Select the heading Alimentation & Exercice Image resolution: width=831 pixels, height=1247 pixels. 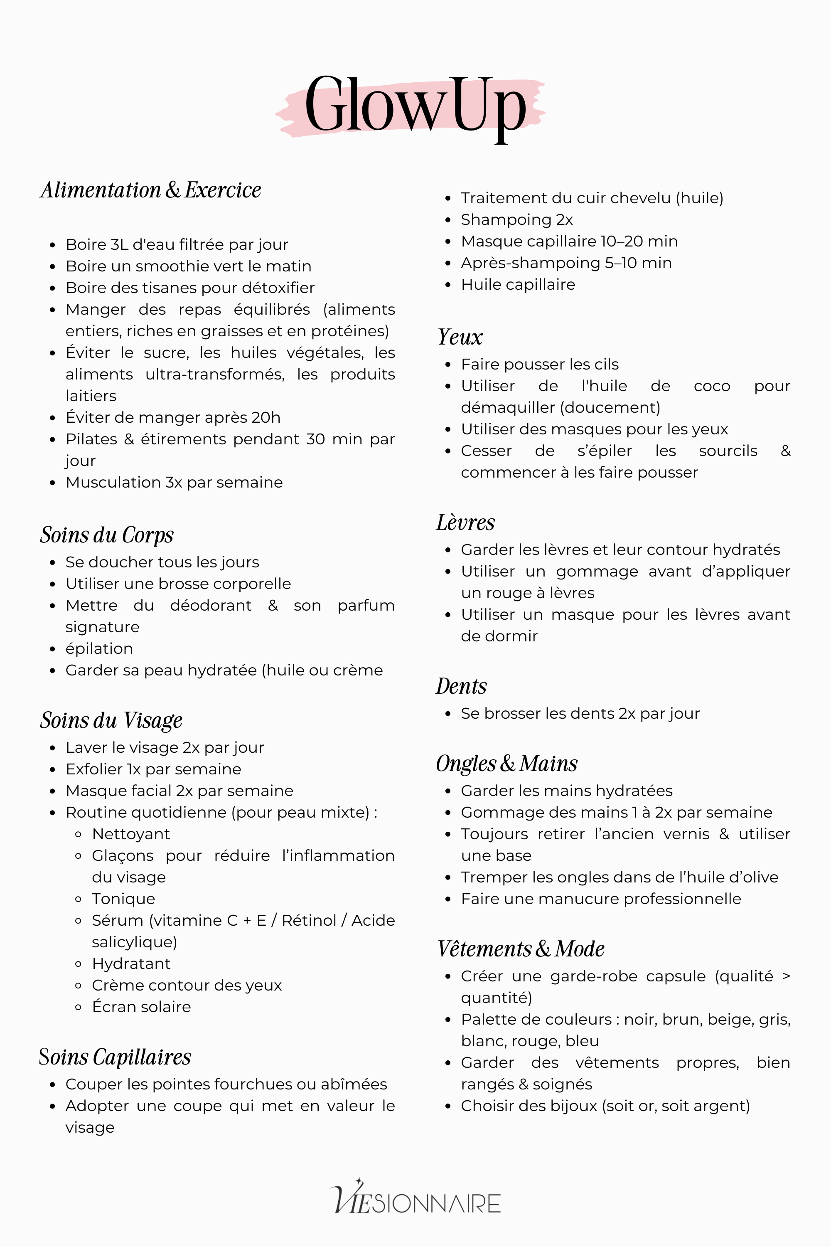(x=150, y=190)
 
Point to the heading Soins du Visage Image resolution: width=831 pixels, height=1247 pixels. (x=111, y=720)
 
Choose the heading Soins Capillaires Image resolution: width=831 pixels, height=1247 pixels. (x=115, y=1057)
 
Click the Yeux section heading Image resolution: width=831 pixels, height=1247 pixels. (x=460, y=337)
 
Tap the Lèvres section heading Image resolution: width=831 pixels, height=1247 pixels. (x=465, y=523)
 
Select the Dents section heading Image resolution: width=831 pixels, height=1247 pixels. (x=461, y=687)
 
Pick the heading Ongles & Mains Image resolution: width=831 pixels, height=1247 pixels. (x=506, y=764)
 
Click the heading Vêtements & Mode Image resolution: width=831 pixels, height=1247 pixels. (x=521, y=949)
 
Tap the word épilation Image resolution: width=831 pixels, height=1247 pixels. (x=99, y=649)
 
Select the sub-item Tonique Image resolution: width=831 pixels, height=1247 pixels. (x=123, y=899)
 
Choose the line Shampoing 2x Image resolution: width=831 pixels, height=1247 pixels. (x=517, y=219)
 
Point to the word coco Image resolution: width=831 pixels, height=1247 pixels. (x=712, y=386)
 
